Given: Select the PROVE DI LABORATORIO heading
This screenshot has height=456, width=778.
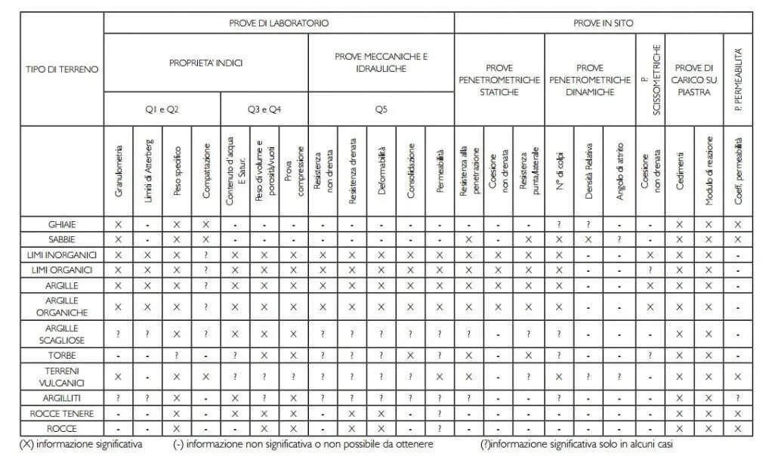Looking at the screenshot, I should coord(279,23).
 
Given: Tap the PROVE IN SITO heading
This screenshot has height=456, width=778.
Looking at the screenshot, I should coord(603,23).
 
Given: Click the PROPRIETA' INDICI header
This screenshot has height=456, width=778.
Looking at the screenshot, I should coord(205,63).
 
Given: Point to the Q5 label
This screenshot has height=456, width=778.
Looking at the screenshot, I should coord(381,109).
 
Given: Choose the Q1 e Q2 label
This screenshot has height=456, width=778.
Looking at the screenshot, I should coord(162,109).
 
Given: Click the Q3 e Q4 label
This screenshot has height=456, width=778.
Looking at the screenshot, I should coord(264,109).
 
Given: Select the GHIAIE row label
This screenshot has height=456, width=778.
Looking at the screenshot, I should coord(61,224).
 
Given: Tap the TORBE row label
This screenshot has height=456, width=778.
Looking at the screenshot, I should coord(61,354).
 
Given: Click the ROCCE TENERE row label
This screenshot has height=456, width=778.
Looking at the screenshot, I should coord(61,414).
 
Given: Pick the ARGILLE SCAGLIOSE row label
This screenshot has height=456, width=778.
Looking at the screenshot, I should coord(61,334).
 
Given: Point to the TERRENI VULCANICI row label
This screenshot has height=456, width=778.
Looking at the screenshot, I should coord(61,375).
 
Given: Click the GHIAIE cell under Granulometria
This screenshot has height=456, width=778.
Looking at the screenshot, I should coord(119,224).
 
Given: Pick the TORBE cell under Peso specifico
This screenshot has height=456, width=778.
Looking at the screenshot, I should coord(177,354).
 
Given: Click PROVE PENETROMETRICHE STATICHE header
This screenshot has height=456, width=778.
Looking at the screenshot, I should coord(499,79).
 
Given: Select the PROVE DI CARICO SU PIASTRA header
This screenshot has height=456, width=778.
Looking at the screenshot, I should coord(693,79).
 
